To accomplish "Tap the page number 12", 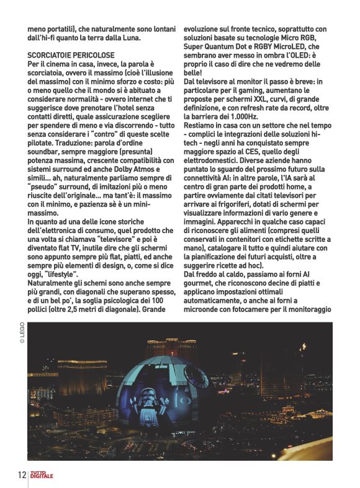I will (x=20, y=475).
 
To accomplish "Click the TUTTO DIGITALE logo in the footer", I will (x=42, y=475).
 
